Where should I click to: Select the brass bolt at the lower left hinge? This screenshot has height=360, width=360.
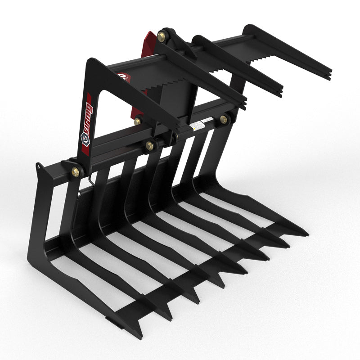tap(76, 171)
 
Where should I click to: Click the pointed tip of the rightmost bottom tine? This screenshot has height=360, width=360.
tap(307, 234)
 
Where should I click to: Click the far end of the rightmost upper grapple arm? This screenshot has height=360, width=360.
tap(330, 75)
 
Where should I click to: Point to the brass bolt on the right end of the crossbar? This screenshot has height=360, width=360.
tap(223, 119)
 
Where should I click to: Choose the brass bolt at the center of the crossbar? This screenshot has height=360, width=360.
tap(149, 145)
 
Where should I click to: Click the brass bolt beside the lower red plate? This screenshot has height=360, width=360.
tap(137, 121)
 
